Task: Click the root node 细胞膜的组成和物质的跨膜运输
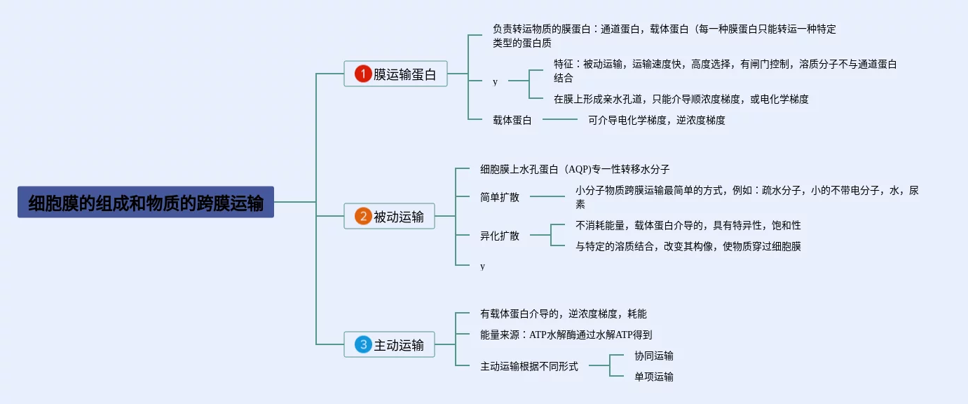pos(146,202)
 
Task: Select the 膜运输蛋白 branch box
pos(395,74)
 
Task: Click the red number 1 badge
pos(362,74)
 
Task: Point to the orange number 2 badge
pos(362,216)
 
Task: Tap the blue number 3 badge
pos(362,344)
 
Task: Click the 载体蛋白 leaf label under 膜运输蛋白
pos(512,120)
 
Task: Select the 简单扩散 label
pos(500,196)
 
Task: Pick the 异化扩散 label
pos(500,236)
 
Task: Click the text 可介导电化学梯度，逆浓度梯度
pos(657,120)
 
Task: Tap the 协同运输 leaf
pos(654,356)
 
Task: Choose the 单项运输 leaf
pos(654,377)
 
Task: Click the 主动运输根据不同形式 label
pos(529,366)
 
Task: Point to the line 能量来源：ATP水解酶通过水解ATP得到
pos(566,335)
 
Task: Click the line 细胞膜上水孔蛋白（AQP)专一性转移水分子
pos(575,169)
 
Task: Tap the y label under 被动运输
pos(482,266)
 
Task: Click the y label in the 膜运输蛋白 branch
pos(495,81)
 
